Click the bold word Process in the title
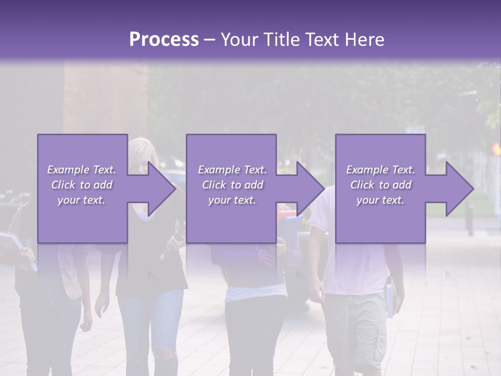(164, 40)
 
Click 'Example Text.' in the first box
(82, 170)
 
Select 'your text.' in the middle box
(232, 200)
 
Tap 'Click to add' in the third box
(380, 185)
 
